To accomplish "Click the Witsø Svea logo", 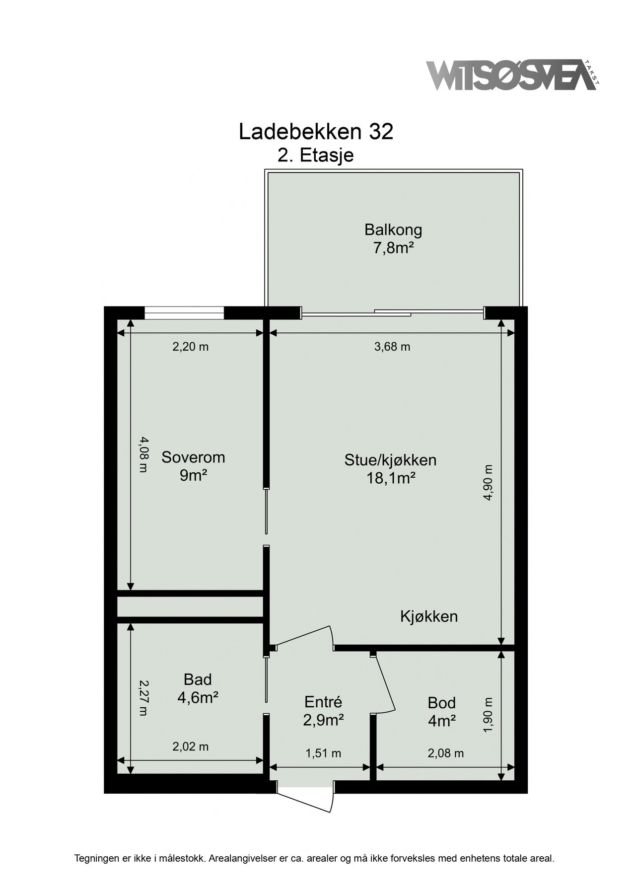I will [x=511, y=75].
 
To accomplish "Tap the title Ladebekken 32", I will [x=316, y=132].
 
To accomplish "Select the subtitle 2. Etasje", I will [x=316, y=155].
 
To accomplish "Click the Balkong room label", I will [x=393, y=230].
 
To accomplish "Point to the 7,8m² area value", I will [x=393, y=248].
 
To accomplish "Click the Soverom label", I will [x=193, y=457].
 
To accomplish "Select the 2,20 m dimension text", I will [x=190, y=347].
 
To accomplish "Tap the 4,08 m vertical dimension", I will [x=143, y=454].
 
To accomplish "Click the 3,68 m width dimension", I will [x=392, y=347].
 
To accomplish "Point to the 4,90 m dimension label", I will [x=488, y=483].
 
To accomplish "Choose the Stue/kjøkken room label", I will [x=390, y=460].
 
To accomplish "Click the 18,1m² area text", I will [x=390, y=478].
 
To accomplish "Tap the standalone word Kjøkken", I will [x=429, y=617].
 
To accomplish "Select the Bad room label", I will [x=198, y=679].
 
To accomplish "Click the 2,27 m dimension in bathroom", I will [x=143, y=697].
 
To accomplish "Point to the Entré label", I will [x=323, y=702].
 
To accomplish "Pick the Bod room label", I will [x=441, y=703].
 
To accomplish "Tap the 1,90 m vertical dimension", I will [x=488, y=714].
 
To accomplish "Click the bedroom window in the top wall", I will [x=184, y=313].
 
